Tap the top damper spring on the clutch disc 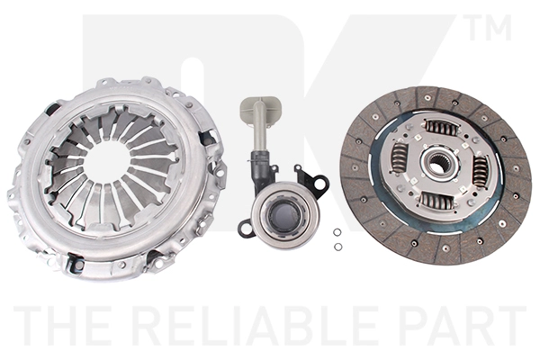tap(442, 128)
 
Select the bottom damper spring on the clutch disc tap(436, 201)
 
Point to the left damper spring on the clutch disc tap(400, 157)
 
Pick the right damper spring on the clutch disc tap(480, 171)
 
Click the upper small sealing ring tap(337, 232)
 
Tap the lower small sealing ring tap(337, 247)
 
